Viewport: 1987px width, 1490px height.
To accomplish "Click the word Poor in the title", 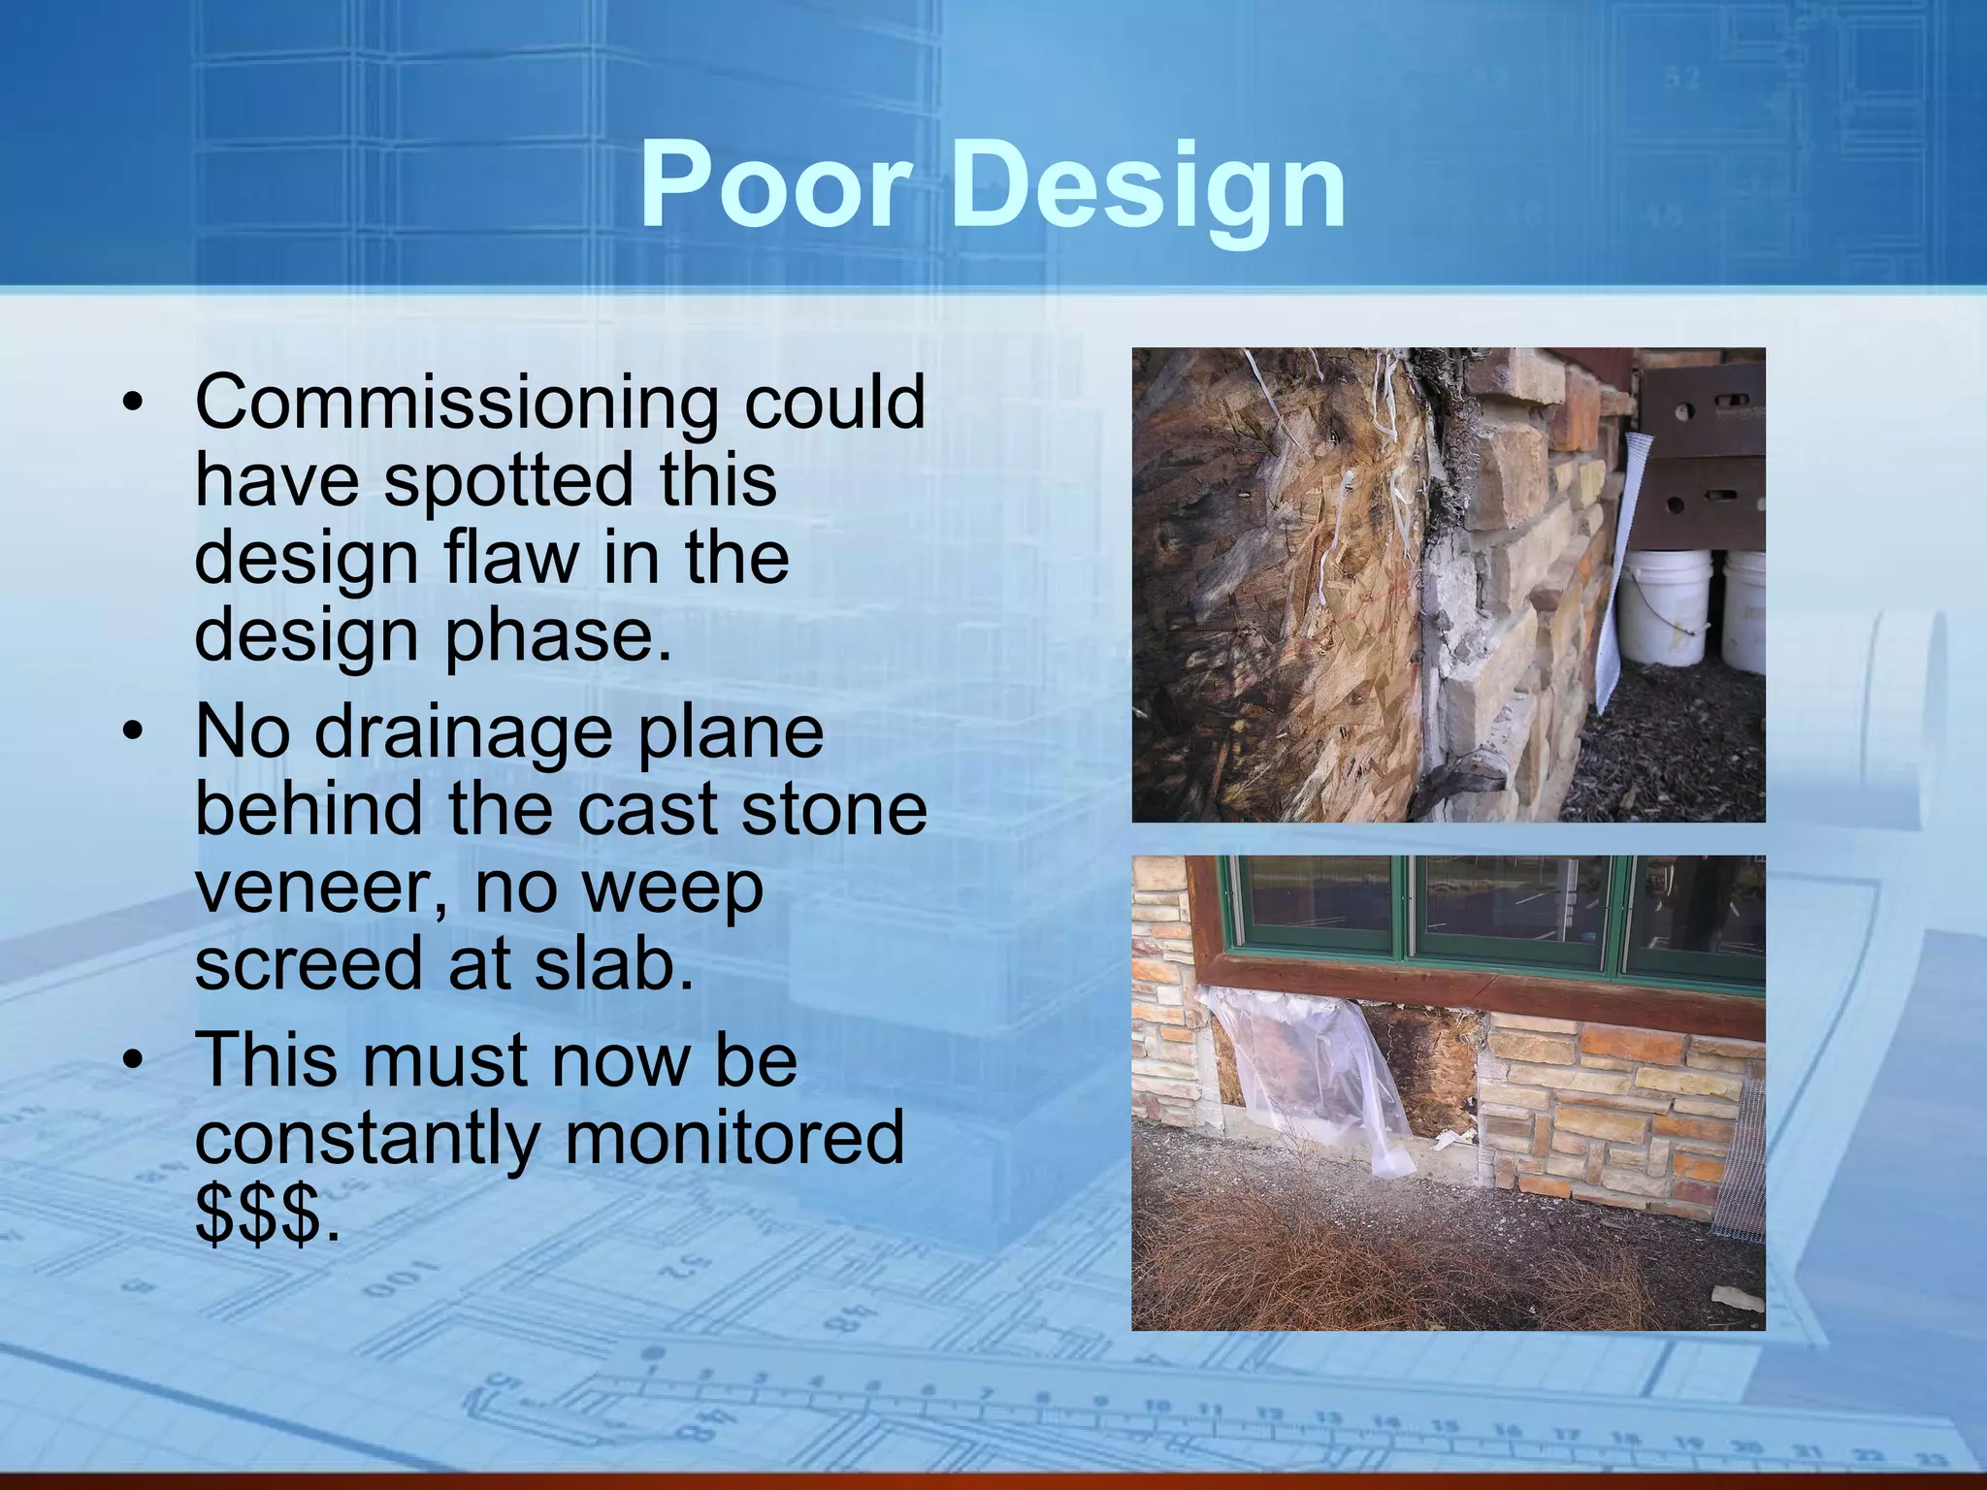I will click(x=775, y=184).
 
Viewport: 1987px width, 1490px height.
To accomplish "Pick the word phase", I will click(x=558, y=635).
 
